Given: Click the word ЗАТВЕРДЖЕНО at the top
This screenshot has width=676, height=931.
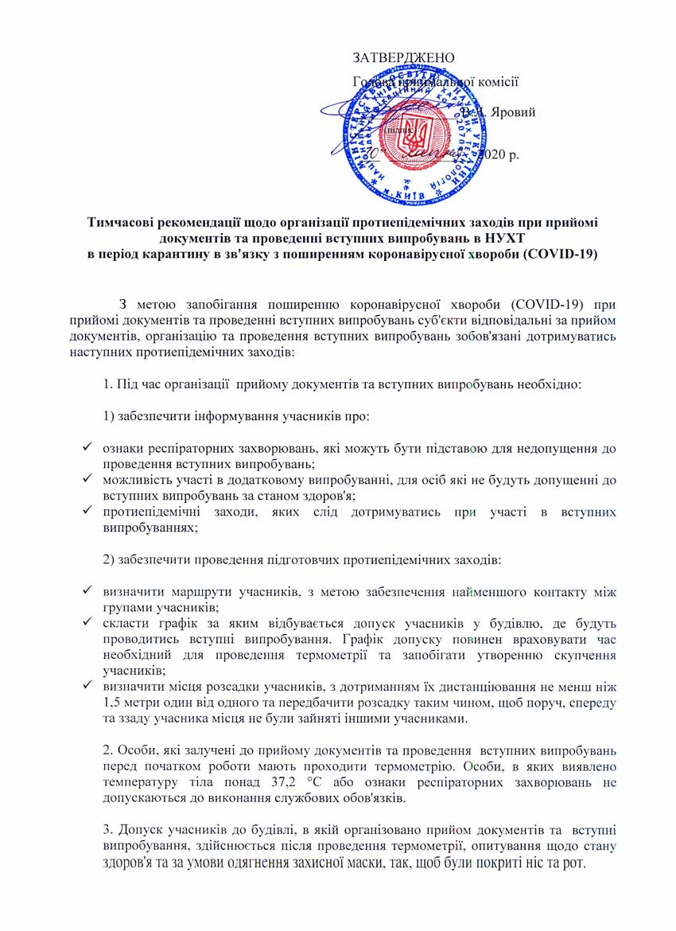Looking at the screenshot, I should click(403, 57).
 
